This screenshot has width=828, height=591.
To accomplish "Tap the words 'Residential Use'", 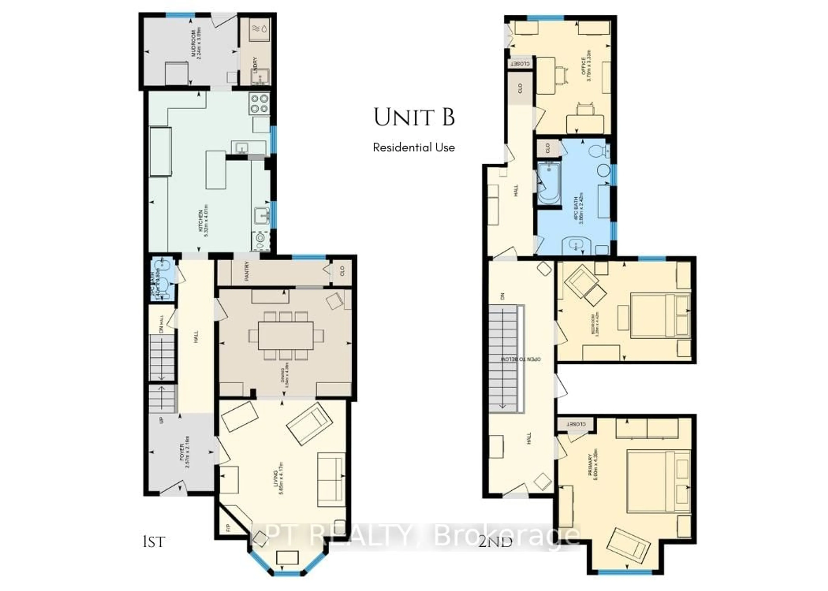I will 414,147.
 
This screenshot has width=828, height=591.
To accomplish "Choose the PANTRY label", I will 247,271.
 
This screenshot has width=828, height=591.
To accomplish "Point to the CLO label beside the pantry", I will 342,271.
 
